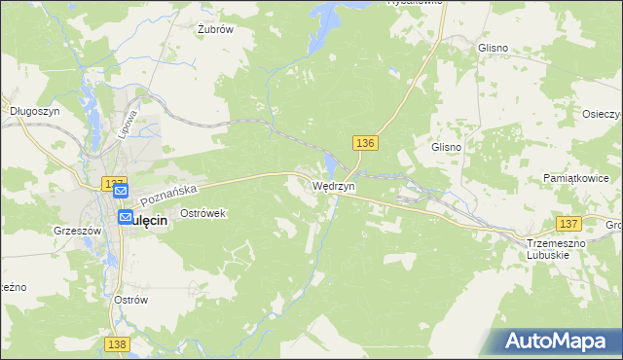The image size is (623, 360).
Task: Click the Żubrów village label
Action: point(214,29)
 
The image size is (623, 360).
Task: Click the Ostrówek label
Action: point(202,212)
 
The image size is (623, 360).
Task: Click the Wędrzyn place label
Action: point(334,185)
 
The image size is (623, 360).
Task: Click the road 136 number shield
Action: point(365,143)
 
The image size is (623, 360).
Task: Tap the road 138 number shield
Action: point(117,344)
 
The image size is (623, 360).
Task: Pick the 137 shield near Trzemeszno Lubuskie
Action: point(568,224)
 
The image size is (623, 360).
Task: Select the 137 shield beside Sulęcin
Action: point(115,184)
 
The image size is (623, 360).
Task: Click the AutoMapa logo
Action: point(555,342)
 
